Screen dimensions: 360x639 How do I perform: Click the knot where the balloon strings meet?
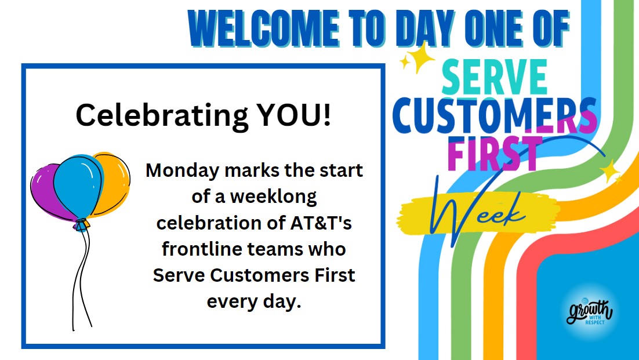click(81, 223)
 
